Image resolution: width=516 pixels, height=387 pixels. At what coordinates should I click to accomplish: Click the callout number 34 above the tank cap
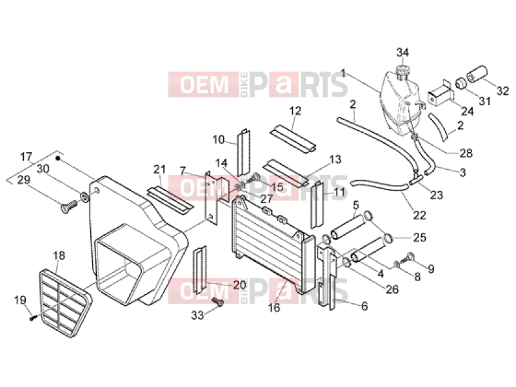(x=402, y=52)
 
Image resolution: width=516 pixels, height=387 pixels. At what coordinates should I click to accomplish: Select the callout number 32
(x=502, y=90)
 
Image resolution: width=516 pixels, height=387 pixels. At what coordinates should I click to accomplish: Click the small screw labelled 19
(x=32, y=318)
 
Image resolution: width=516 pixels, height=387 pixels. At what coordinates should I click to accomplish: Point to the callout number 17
(x=26, y=157)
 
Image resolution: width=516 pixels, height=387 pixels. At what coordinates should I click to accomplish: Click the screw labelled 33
(x=217, y=301)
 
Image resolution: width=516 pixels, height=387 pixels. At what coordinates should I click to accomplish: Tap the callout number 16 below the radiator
(x=273, y=308)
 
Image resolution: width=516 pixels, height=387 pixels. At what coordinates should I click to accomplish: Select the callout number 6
(x=364, y=306)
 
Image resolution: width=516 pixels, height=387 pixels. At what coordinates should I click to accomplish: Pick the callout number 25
(x=419, y=237)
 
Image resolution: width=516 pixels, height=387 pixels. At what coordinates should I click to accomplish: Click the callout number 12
(x=295, y=111)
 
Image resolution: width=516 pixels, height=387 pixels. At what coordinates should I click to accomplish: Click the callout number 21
(x=159, y=170)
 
